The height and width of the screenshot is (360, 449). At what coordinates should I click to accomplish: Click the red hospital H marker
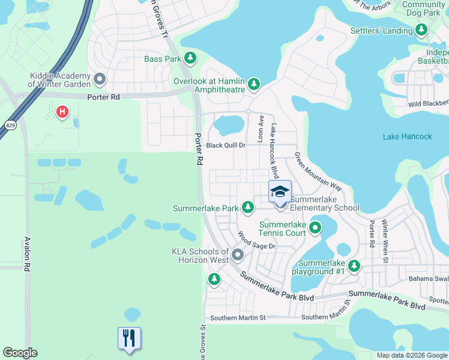point(62,112)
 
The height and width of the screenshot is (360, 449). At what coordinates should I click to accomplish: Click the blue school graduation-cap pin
point(280,192)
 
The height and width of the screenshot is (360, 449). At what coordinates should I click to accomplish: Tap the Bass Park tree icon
point(190,58)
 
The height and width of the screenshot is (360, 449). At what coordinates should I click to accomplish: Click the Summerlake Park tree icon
point(247,208)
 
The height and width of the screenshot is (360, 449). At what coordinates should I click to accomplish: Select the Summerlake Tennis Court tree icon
point(314,228)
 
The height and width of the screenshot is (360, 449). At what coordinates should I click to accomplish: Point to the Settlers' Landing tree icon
point(421,29)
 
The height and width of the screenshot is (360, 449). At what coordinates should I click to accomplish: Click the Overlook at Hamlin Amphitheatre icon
point(254,83)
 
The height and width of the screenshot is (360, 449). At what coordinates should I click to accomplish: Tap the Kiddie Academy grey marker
point(100,79)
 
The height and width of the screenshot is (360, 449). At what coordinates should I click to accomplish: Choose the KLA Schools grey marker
point(238,256)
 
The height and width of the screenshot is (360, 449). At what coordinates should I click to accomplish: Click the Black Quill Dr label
point(226,145)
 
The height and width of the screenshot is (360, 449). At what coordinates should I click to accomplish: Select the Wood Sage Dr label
point(256,241)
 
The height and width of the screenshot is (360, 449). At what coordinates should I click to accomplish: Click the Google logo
point(20,353)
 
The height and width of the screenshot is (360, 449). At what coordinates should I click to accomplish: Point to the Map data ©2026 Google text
point(411,355)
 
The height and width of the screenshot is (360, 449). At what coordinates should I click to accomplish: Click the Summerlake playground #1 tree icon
point(354,265)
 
